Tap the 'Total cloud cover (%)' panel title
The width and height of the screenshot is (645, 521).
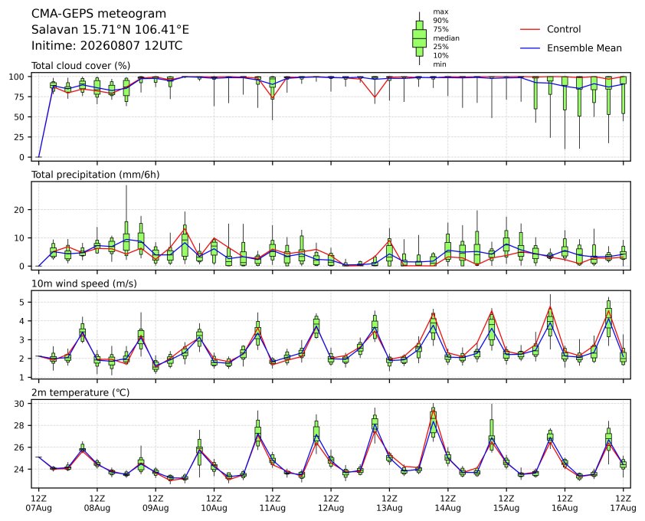81,66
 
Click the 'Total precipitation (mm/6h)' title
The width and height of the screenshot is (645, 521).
96,175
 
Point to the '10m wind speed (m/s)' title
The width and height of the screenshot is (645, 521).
84,283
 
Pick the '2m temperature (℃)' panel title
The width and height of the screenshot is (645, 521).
80,392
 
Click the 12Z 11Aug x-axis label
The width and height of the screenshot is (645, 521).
272,503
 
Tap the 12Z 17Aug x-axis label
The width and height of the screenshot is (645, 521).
623,503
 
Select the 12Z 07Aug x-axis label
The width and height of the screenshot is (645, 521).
38,503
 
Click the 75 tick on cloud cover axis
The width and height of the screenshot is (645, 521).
19,97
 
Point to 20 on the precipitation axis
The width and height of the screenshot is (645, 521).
19,209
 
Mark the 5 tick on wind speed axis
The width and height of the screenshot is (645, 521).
22,302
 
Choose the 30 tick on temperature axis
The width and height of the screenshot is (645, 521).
19,404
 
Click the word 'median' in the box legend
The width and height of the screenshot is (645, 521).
446,38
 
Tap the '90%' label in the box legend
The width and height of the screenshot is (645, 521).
440,20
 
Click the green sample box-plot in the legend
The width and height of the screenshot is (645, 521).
419,38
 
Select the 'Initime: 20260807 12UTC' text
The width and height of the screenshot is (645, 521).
107,45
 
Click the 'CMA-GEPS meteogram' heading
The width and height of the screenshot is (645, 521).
99,14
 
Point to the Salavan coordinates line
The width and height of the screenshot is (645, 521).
110,30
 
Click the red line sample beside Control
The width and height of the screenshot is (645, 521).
530,30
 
